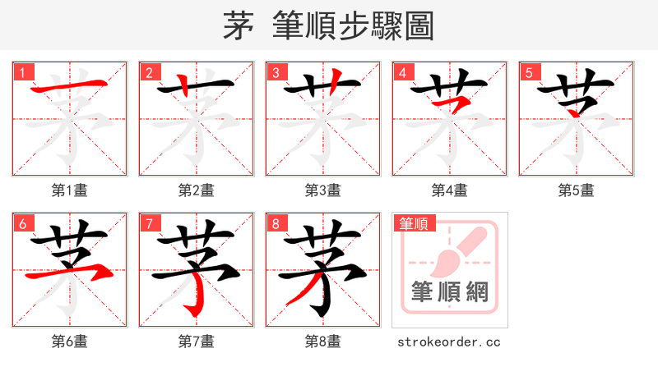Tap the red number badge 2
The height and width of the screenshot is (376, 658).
[x=149, y=72]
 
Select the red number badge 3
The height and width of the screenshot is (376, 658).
[x=276, y=72]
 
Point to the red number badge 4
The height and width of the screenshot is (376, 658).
[x=402, y=72]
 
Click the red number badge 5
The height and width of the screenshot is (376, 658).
[x=529, y=72]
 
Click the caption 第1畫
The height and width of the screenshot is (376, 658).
[x=70, y=190]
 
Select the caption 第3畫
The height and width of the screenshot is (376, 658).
[x=323, y=190]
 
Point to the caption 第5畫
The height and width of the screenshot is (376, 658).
[x=577, y=190]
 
